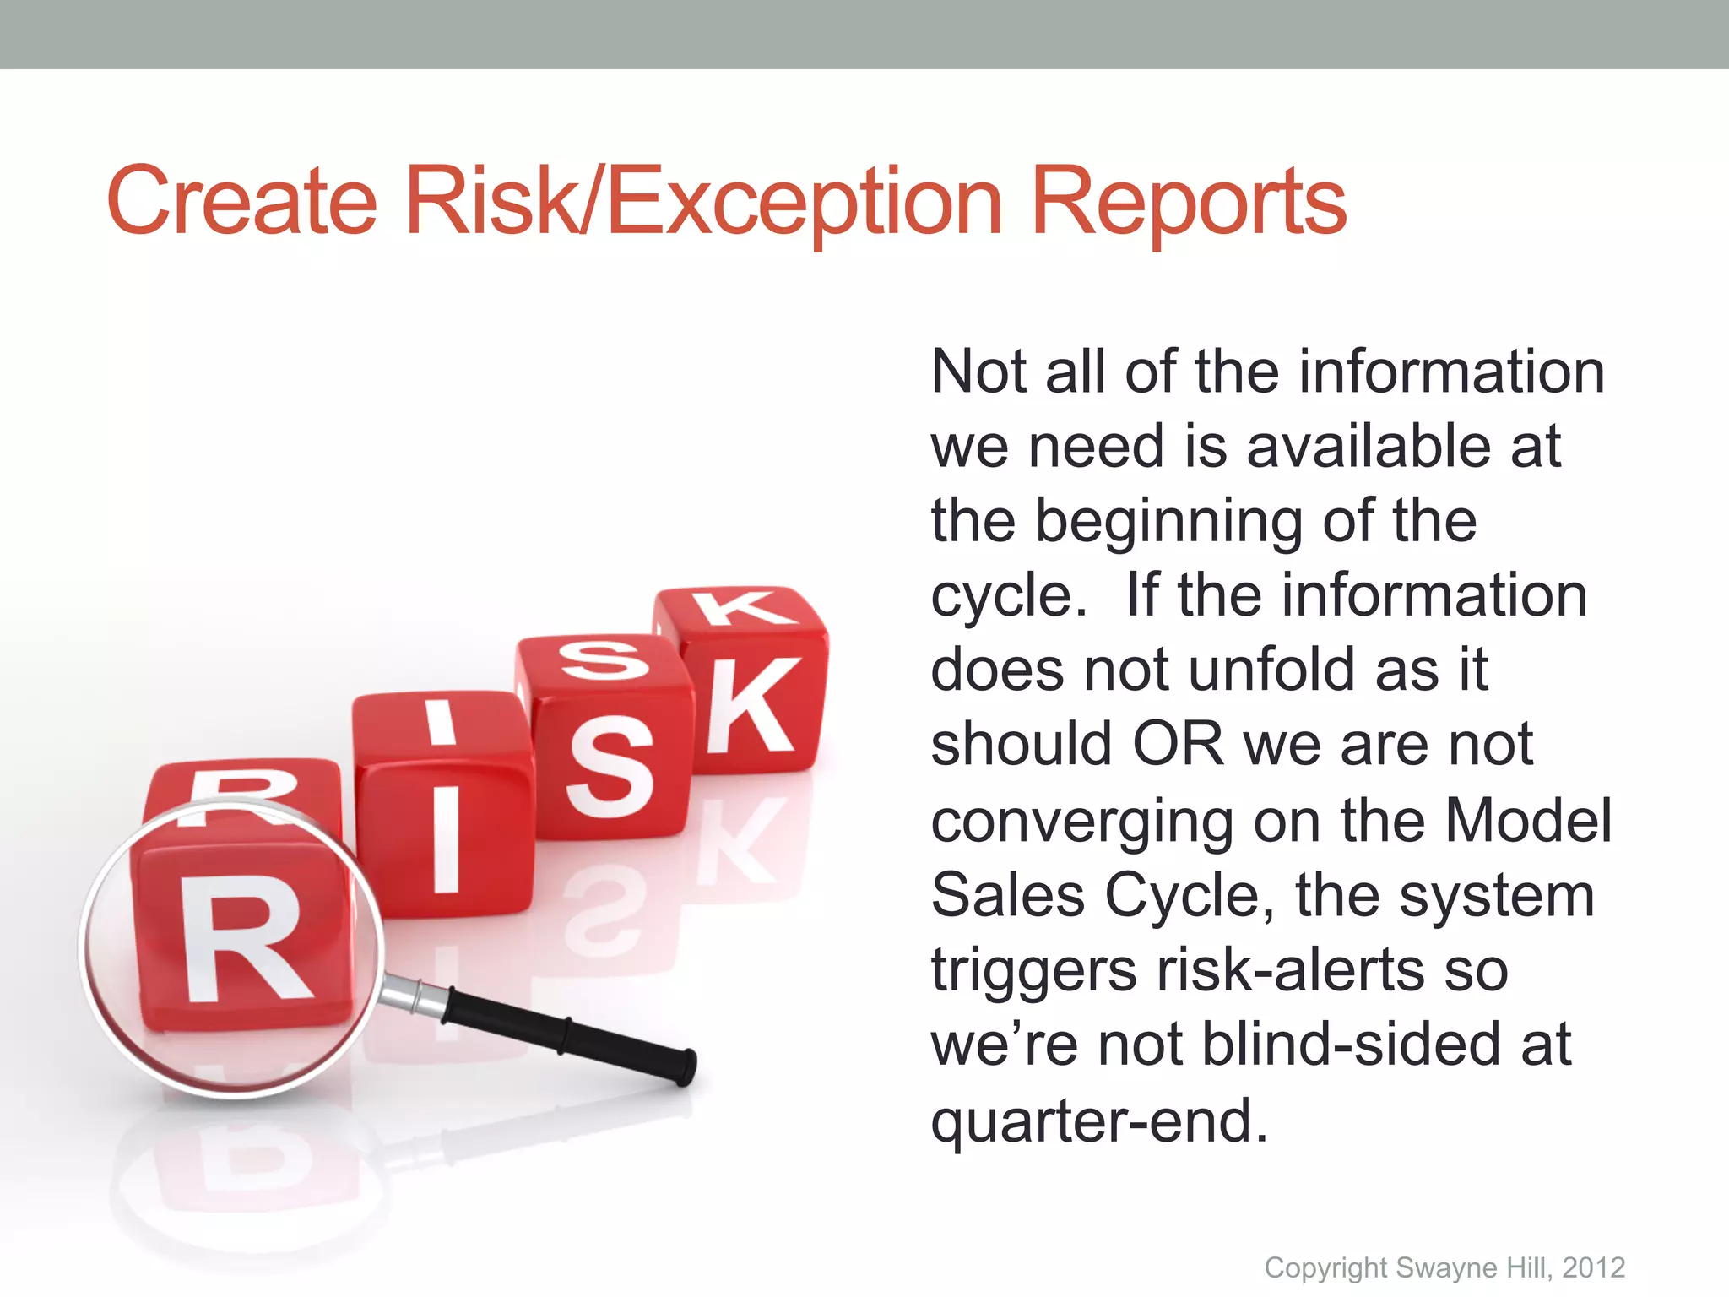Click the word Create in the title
click(241, 201)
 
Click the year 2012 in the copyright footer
click(1593, 1267)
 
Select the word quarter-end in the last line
click(1098, 1121)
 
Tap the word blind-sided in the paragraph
click(1350, 1045)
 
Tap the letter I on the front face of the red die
click(446, 838)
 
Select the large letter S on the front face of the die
click(610, 766)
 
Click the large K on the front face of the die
click(751, 706)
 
